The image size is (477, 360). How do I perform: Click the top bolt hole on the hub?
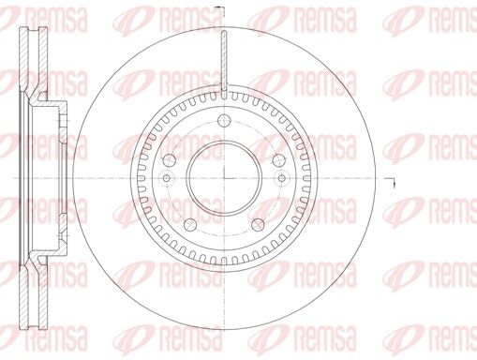coord(224,120)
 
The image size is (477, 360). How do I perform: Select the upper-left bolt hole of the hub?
coord(169,160)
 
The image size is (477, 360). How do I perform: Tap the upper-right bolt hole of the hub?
coord(279,160)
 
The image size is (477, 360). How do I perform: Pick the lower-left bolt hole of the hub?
coord(190,225)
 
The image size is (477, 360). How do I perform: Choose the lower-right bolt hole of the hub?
coord(258,225)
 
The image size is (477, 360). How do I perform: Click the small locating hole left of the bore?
coord(167,178)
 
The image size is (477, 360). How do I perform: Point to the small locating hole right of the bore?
coord(282,178)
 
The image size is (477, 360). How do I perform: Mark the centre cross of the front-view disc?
coord(224,178)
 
